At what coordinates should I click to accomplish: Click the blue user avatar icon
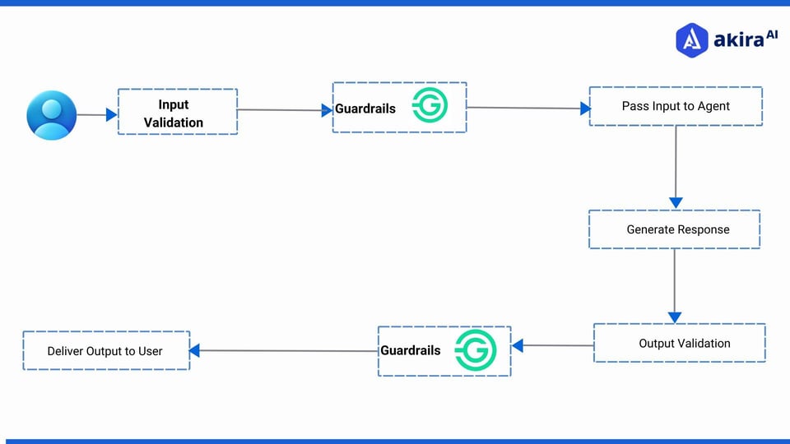[51, 115]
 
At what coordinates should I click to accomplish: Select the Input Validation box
[178, 112]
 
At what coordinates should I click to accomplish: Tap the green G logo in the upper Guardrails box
[430, 105]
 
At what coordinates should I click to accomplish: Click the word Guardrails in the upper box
[365, 109]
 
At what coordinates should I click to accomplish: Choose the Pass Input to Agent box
[676, 106]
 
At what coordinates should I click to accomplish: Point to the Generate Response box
[675, 229]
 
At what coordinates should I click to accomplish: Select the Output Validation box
[680, 343]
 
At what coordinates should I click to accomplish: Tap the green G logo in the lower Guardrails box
[476, 349]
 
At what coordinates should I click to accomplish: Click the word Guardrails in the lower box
[411, 350]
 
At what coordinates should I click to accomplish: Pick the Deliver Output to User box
[106, 350]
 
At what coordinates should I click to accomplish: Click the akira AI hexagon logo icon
[692, 39]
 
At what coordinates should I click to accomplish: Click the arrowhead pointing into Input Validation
[112, 115]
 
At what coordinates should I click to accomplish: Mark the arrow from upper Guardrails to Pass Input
[527, 108]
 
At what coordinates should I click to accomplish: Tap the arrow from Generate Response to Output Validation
[675, 284]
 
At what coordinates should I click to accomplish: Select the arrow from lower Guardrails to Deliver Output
[284, 351]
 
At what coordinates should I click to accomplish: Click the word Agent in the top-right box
[712, 106]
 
